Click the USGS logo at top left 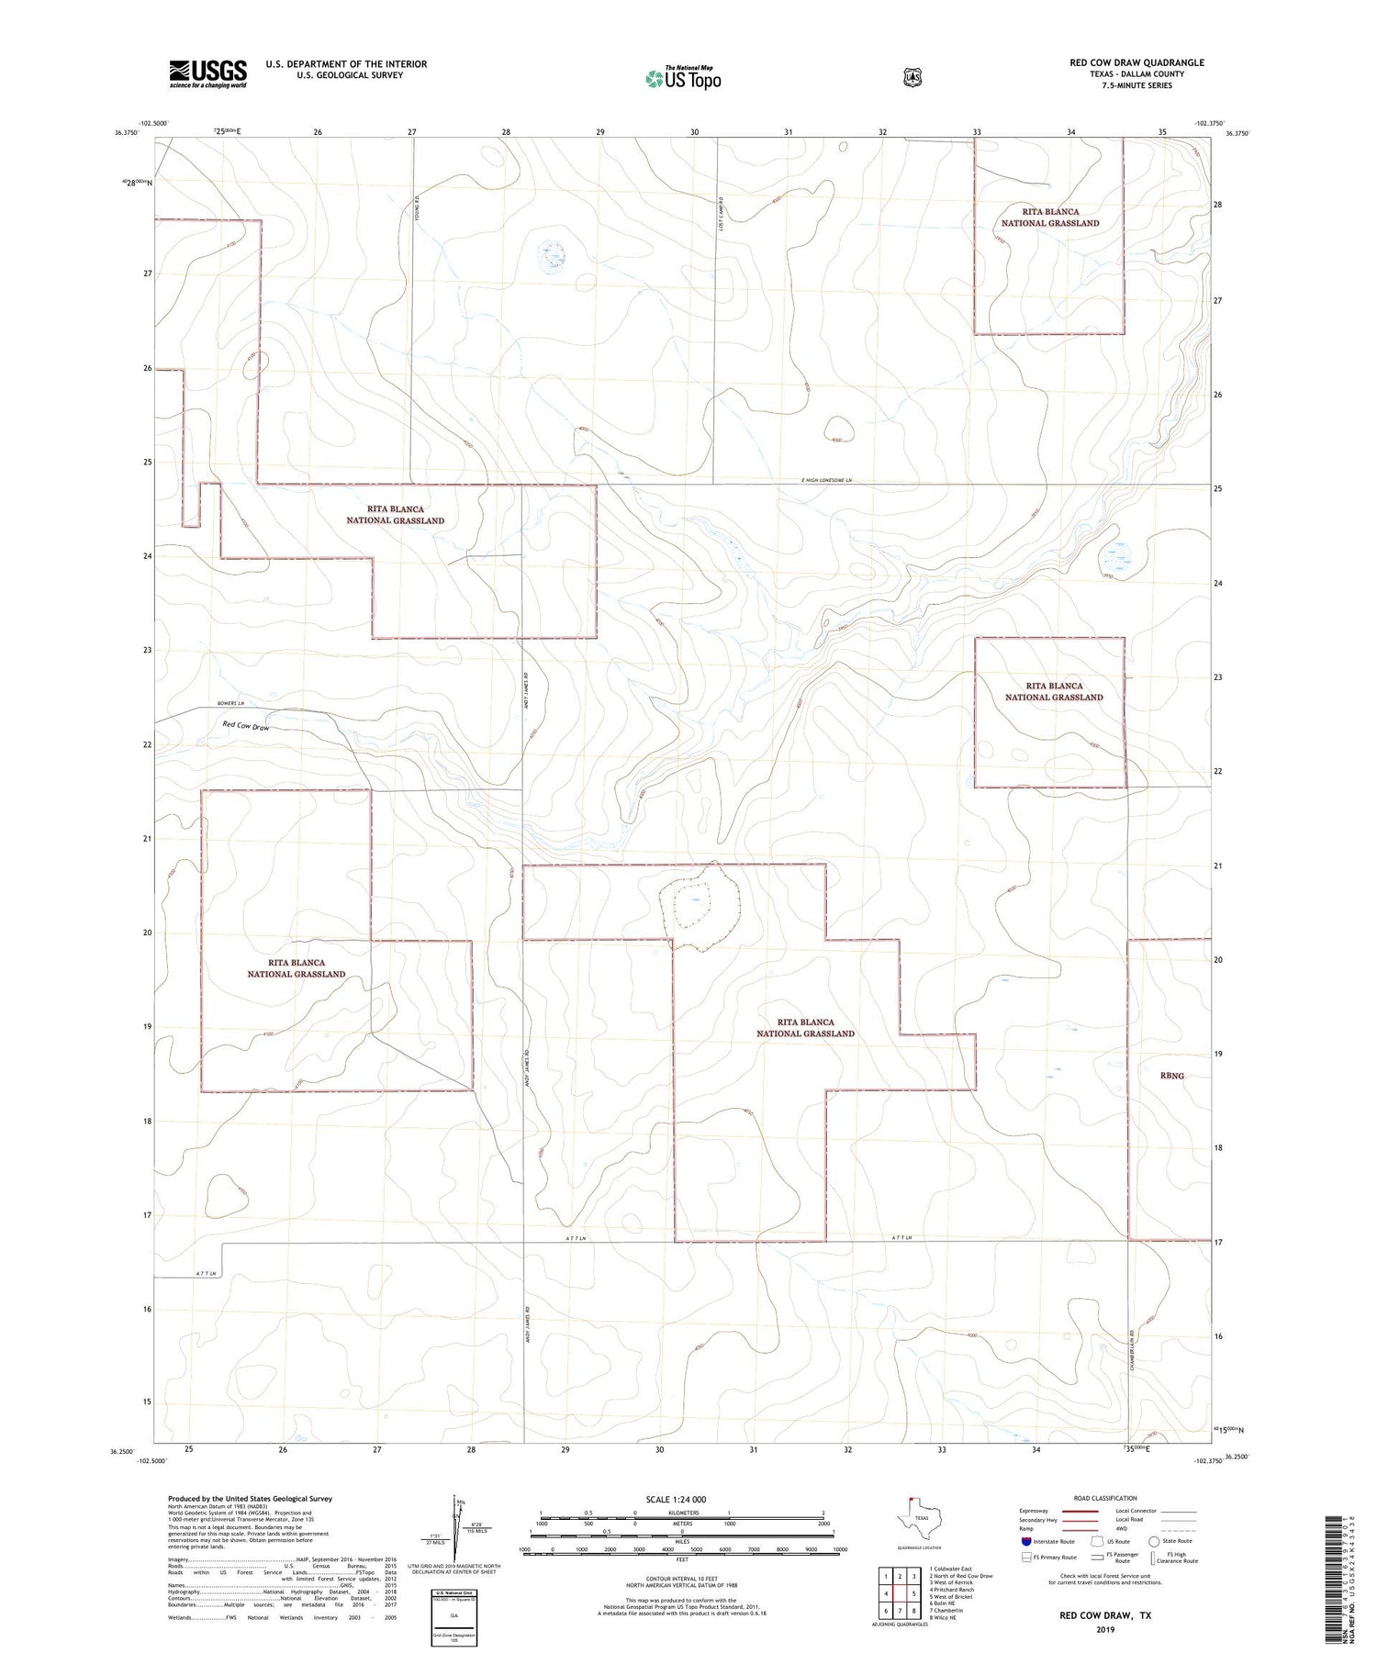207,73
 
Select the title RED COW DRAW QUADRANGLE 1136,62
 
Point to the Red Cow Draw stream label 246,726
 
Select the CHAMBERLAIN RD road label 1133,1347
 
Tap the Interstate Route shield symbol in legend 1025,1542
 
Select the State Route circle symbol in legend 1154,1542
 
